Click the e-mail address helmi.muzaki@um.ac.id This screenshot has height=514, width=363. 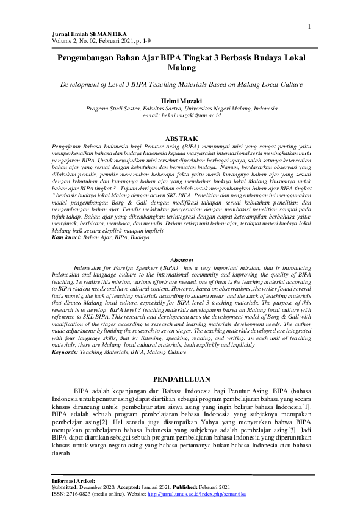(181, 114)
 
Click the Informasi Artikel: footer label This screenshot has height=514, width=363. (73, 481)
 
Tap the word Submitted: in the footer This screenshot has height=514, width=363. (67, 487)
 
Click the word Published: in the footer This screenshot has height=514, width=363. (184, 487)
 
